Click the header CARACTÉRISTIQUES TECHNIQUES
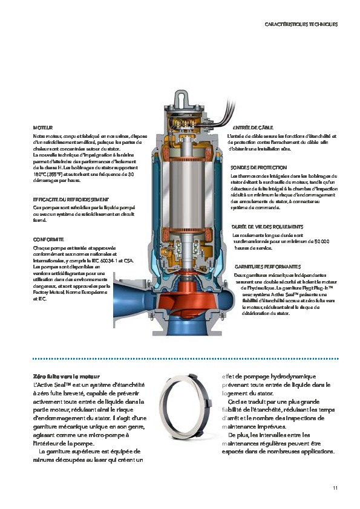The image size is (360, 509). pos(301,25)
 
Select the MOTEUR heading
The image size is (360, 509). pos(42,128)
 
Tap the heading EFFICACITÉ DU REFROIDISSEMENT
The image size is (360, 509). pos(71,199)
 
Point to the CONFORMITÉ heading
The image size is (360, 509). pos(48,239)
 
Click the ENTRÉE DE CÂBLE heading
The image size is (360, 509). pos(254,128)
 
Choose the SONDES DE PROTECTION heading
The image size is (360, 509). pos(258,167)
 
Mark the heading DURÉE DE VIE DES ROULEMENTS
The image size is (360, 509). pos(266,227)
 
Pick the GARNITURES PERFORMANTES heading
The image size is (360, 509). pos(267,266)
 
